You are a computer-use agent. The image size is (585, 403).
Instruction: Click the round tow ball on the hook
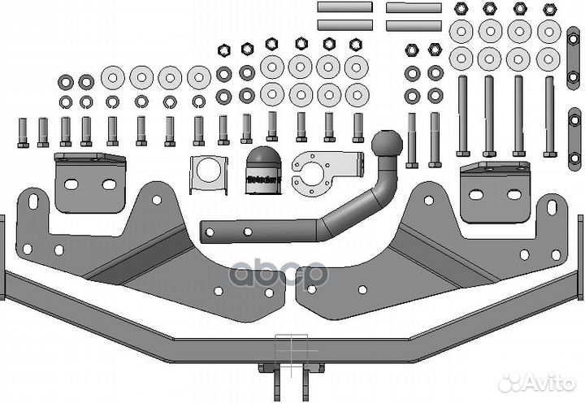point(387,146)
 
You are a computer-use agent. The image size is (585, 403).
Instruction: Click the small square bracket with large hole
point(209,174)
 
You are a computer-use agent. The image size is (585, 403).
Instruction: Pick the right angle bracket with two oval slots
point(492,190)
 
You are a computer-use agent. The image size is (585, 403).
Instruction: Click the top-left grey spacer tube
point(344,7)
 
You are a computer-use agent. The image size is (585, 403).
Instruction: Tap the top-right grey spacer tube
point(414,7)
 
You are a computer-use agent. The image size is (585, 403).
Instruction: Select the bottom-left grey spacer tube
point(344,25)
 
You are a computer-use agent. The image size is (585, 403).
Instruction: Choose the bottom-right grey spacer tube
point(414,25)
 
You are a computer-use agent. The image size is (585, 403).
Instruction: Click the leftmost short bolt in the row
point(23,132)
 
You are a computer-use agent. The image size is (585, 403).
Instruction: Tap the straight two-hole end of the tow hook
point(244,230)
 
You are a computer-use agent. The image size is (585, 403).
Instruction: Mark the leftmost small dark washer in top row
point(66,82)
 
